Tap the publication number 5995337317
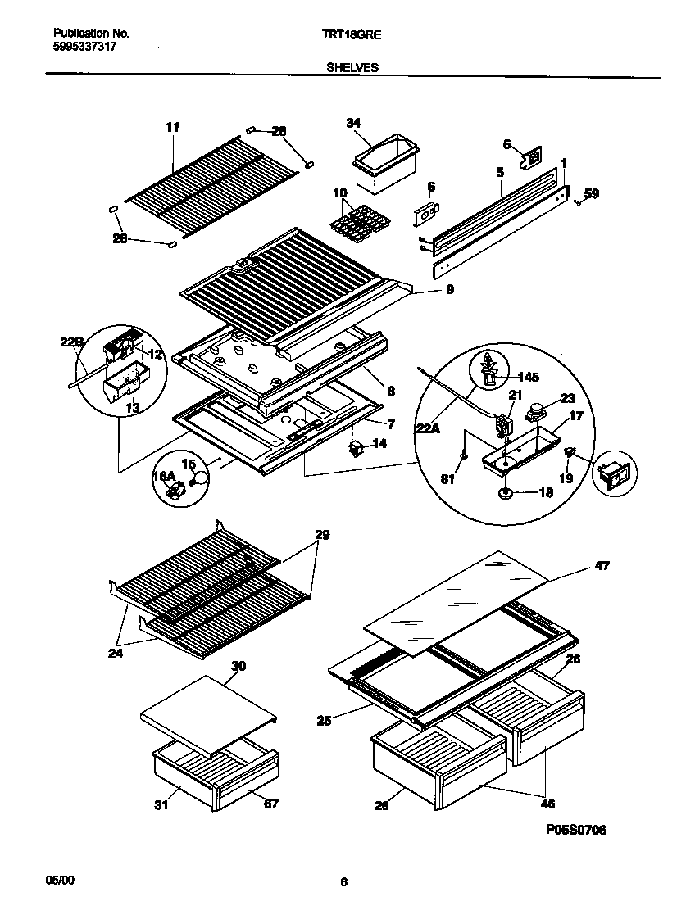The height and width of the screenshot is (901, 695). [84, 48]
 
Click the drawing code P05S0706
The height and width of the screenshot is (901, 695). [576, 830]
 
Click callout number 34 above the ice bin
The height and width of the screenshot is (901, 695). [353, 123]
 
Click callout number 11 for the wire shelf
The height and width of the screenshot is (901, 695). [172, 127]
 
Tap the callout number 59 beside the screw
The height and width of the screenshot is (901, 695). [592, 195]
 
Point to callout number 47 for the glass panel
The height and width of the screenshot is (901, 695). [602, 566]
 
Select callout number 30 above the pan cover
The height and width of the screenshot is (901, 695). [238, 667]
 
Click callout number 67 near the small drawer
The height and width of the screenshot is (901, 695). [270, 804]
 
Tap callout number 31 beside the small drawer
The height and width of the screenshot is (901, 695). [161, 805]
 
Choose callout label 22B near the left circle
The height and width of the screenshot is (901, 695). [72, 343]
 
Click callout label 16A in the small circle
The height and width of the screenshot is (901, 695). [165, 476]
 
